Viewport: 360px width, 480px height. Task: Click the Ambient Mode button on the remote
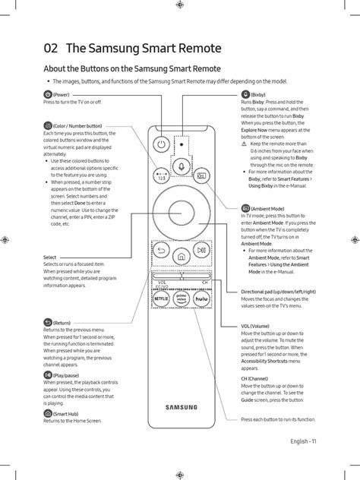tap(201, 175)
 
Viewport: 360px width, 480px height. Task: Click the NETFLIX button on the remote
tap(161, 300)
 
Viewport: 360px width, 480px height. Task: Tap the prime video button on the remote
tap(182, 300)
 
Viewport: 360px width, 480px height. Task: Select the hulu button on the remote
tap(202, 300)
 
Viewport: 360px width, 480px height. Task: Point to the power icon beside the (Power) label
tap(48, 94)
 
